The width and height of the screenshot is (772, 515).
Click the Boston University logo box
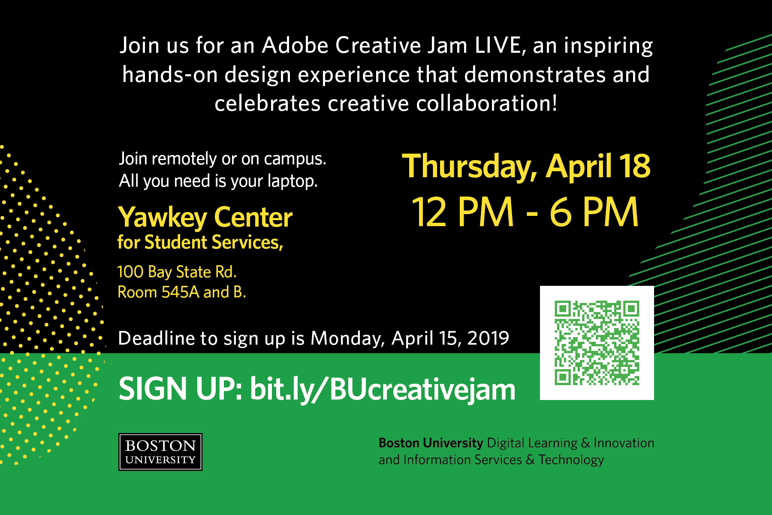[160, 452]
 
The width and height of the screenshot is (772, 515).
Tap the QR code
[597, 343]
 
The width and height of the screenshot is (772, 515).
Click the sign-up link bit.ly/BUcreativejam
[383, 389]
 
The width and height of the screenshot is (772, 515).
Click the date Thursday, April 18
[526, 167]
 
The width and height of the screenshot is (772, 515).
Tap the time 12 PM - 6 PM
[525, 212]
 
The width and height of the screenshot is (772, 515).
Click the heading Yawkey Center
[205, 218]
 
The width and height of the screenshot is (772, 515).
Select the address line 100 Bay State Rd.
[177, 272]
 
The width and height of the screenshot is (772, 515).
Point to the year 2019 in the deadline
[488, 338]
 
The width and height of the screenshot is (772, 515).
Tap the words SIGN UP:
[181, 388]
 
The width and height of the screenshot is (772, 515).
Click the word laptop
[293, 181]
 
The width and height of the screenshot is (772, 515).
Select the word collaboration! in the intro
[487, 103]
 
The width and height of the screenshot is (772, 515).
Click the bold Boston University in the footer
[431, 443]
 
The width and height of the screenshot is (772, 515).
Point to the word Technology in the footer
[571, 460]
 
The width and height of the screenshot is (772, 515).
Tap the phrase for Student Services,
[200, 242]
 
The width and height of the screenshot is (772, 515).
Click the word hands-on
[170, 75]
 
